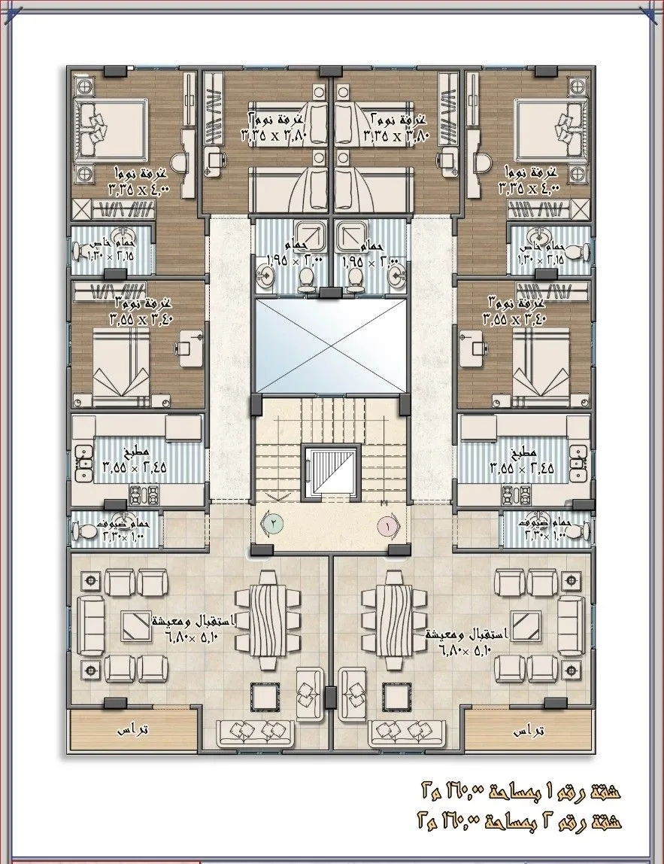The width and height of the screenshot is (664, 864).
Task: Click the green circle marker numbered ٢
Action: click(x=274, y=520)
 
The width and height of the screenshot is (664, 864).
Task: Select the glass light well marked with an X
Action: click(x=331, y=345)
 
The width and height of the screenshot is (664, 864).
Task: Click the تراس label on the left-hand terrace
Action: click(x=134, y=730)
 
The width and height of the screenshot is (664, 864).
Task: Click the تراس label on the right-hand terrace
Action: click(x=528, y=730)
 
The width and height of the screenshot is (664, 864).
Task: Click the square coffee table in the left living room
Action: click(x=137, y=622)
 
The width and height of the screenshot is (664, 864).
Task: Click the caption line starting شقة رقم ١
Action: click(x=519, y=791)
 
